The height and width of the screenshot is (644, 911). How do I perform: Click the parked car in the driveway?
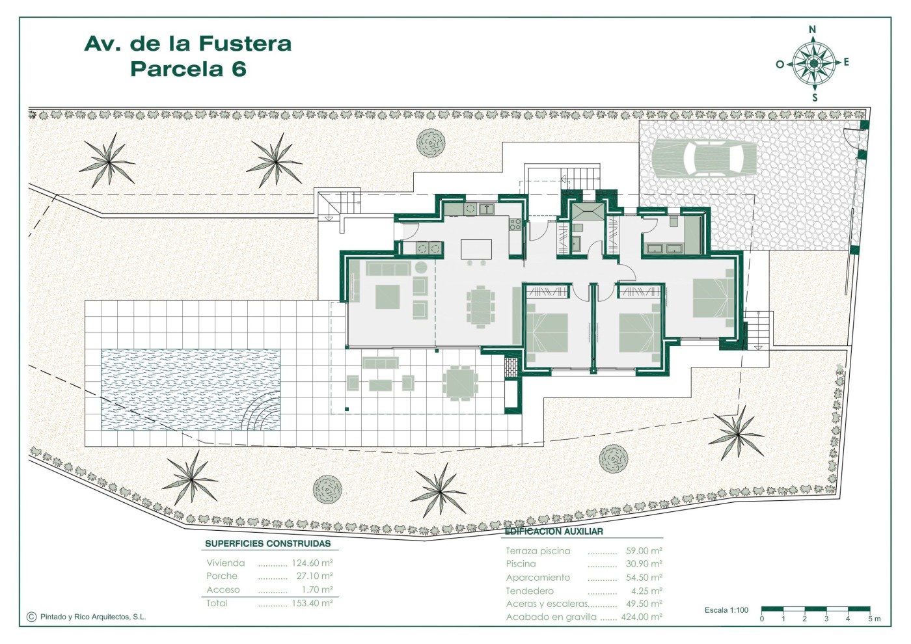(704, 158)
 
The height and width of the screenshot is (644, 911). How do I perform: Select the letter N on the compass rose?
(813, 29)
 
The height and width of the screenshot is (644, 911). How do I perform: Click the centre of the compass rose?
(814, 64)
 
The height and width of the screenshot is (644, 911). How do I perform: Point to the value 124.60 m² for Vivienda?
(312, 563)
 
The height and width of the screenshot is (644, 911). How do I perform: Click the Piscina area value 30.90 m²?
(644, 564)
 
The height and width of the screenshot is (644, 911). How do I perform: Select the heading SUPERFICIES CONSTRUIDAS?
(267, 544)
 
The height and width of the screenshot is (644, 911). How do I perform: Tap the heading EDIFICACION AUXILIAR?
(554, 531)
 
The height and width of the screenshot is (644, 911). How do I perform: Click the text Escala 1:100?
(726, 610)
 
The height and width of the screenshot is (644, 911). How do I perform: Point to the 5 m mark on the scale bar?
(875, 619)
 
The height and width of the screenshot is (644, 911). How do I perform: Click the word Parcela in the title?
(177, 69)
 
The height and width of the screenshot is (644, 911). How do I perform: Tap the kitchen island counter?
(476, 249)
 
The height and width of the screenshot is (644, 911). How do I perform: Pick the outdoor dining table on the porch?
(460, 383)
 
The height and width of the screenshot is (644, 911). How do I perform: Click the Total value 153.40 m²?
(312, 603)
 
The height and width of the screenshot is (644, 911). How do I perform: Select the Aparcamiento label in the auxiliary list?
(537, 578)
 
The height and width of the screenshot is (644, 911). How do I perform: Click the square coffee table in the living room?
(387, 297)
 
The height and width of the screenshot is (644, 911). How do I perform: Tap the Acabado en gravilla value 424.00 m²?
(642, 617)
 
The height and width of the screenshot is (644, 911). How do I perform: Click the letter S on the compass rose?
(815, 98)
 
